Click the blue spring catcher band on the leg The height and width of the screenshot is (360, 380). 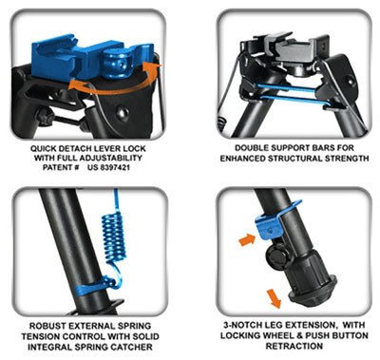point(94,285)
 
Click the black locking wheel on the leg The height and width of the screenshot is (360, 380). point(276,257)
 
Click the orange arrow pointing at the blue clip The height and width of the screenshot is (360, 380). point(247,240)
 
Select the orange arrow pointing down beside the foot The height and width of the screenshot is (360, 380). point(273,298)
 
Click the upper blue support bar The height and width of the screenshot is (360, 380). point(287,88)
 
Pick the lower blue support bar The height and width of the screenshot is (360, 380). point(292,101)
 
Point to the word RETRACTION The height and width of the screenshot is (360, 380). point(294,346)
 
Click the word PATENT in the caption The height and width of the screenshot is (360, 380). point(59,167)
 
